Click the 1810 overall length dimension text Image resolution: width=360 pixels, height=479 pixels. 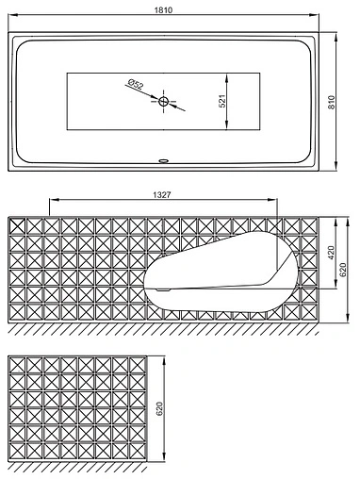click(x=163, y=10)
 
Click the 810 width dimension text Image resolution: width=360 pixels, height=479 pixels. click(x=332, y=102)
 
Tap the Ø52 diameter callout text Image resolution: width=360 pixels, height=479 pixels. click(x=136, y=85)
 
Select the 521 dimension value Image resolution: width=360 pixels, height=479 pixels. click(x=222, y=101)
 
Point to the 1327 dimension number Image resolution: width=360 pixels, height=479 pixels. click(x=162, y=195)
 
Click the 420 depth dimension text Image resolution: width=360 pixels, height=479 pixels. click(x=332, y=253)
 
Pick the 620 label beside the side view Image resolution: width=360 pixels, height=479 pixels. click(x=343, y=270)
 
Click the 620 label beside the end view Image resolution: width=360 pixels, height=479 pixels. click(x=159, y=408)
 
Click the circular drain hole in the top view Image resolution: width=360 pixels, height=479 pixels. click(x=163, y=101)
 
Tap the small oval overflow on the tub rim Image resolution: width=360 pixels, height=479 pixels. click(x=163, y=161)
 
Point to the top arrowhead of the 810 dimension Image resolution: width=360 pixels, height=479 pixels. click(x=336, y=37)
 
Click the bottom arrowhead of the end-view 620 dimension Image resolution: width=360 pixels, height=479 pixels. click(x=164, y=455)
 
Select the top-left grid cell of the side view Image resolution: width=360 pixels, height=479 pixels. click(x=17, y=225)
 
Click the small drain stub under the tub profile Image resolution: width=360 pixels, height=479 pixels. click(x=163, y=290)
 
